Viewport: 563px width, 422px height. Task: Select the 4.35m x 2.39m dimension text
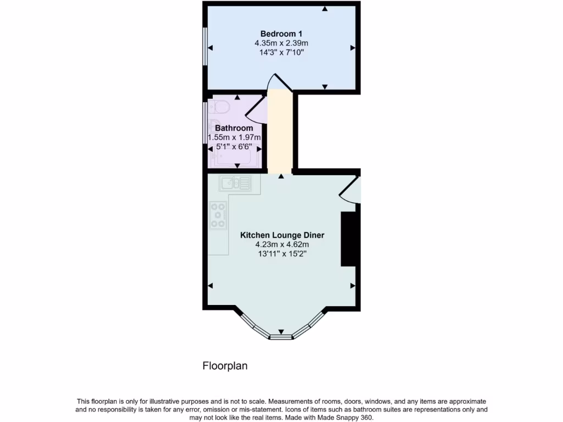(281, 43)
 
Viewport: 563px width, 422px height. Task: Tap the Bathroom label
(234, 128)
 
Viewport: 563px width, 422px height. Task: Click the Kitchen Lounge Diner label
(282, 235)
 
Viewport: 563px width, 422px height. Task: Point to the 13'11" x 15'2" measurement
(282, 254)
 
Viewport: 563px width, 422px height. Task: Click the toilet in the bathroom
(220, 106)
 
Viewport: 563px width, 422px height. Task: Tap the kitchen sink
(235, 182)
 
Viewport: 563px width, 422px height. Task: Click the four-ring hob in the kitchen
(218, 215)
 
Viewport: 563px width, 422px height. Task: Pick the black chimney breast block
(349, 239)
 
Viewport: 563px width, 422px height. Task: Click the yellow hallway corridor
(280, 132)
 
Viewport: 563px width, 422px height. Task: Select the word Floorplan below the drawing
(225, 365)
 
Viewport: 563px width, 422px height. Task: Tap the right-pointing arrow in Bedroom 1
(352, 48)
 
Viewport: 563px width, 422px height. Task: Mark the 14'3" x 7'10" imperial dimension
(281, 52)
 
